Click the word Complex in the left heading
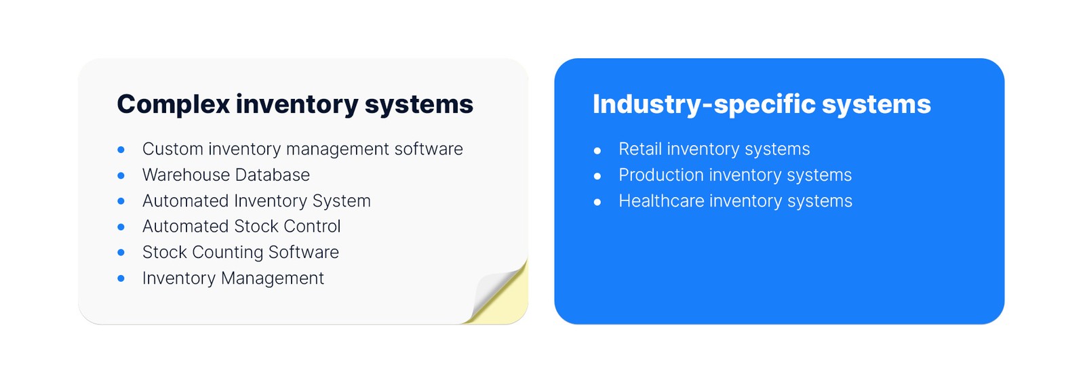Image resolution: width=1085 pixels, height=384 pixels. point(174,104)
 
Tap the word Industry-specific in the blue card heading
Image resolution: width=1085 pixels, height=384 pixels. point(705,104)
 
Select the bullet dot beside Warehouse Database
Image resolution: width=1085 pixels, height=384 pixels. point(121,175)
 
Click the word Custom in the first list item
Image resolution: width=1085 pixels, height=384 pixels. point(173,149)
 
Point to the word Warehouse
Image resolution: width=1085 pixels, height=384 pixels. point(184,175)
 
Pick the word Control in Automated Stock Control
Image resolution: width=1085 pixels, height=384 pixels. point(312,226)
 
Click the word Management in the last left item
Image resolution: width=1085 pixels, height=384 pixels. point(272,278)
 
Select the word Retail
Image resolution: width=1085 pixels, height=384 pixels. point(640,149)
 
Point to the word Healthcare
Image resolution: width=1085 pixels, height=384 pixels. point(662,200)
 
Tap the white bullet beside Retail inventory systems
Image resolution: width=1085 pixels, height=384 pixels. point(597,150)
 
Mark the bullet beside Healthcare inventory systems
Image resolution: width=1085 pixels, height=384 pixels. point(597,202)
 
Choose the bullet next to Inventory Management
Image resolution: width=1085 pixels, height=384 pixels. point(121,278)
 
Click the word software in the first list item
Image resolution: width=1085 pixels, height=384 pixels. point(429,149)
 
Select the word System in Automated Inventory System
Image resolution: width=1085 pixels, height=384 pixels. point(342,200)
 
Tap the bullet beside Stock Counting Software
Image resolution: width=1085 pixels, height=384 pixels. point(121,253)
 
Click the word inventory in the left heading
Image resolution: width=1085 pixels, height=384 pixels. point(298,104)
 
